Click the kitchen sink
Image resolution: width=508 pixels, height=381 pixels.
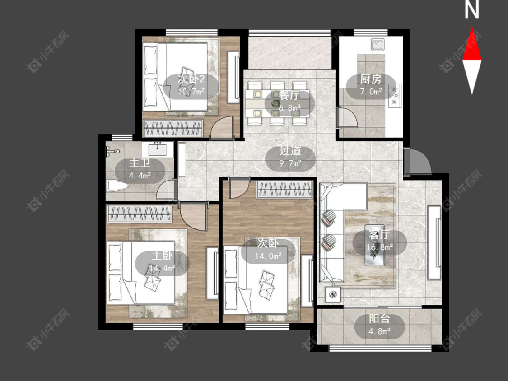[378, 44]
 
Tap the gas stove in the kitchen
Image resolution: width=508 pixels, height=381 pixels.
[395, 96]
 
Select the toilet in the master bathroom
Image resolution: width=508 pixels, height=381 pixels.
[117, 186]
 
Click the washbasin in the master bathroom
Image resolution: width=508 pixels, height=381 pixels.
[158, 149]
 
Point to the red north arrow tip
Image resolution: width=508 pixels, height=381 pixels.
[472, 27]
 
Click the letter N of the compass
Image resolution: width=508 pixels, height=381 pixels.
[472, 10]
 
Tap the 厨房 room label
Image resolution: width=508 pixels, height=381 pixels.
[371, 79]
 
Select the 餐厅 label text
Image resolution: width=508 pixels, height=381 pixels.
[289, 96]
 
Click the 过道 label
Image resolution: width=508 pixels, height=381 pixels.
[290, 151]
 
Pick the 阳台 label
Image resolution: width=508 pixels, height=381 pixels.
[379, 319]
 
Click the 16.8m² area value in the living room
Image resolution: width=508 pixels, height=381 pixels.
[380, 247]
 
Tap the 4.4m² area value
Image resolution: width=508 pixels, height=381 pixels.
[140, 176]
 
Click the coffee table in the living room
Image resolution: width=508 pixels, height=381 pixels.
[375, 245]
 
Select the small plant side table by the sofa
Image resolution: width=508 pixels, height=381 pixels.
[333, 294]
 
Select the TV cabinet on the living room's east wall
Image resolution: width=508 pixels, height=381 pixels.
[434, 243]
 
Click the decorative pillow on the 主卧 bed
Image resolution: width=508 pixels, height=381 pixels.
[153, 279]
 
